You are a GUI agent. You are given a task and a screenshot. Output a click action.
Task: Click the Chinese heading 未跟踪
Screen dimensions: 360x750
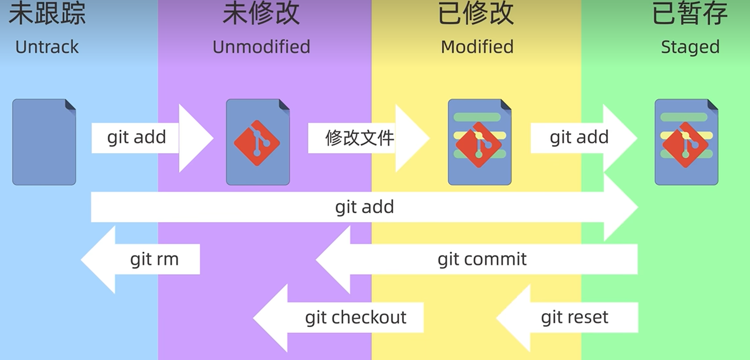(x=47, y=13)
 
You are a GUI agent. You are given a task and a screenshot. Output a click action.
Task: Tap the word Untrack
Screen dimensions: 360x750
(x=47, y=47)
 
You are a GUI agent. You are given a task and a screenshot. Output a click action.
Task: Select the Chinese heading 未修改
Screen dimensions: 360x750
(x=261, y=13)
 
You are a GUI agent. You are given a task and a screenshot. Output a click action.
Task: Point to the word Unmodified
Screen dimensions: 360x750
(x=261, y=47)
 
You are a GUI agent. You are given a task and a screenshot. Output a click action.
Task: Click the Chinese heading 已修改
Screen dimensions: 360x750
(x=476, y=13)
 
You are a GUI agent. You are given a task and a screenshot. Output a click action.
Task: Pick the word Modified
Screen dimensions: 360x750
(x=477, y=47)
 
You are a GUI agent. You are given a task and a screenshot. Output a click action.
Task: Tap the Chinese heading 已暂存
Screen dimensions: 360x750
(x=689, y=13)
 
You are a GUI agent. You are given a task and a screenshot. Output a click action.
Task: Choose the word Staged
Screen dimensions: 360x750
(x=690, y=47)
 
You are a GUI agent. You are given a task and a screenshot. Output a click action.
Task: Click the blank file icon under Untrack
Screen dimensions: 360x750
(x=44, y=142)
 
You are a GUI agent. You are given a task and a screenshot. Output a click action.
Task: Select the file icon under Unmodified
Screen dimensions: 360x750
(x=258, y=142)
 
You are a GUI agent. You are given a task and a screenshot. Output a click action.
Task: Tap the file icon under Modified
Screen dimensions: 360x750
(x=480, y=142)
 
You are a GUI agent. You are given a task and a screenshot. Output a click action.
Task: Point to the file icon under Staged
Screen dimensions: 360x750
(x=686, y=142)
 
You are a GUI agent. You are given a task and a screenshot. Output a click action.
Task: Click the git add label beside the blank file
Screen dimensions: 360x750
(x=136, y=137)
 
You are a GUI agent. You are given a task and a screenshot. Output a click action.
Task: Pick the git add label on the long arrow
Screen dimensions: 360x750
(x=364, y=207)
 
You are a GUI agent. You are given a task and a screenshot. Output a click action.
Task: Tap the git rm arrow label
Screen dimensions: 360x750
(x=154, y=259)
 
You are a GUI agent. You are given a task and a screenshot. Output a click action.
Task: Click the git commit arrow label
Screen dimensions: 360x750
(x=482, y=259)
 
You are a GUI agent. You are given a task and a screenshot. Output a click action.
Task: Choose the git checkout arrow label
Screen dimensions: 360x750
(x=356, y=317)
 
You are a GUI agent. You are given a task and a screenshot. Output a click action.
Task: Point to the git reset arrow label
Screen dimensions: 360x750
(x=574, y=317)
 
